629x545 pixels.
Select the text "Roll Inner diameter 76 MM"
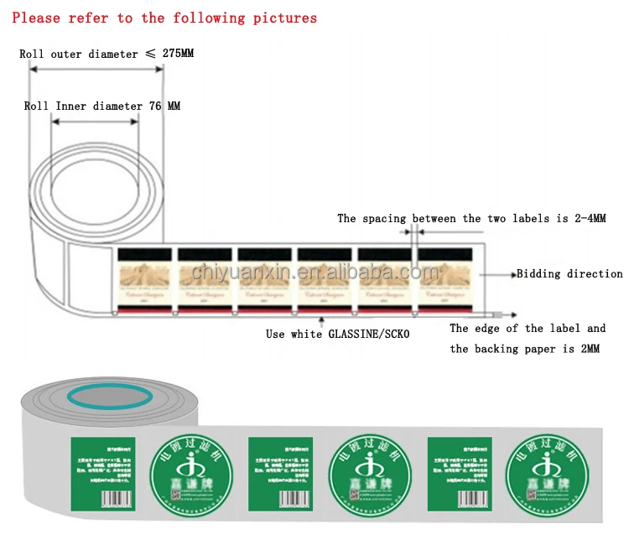(x=101, y=106)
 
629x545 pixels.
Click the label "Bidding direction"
(x=569, y=274)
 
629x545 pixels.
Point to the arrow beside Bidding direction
(x=501, y=274)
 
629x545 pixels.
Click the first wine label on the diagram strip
(x=145, y=280)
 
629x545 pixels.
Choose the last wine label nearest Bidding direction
(x=446, y=280)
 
